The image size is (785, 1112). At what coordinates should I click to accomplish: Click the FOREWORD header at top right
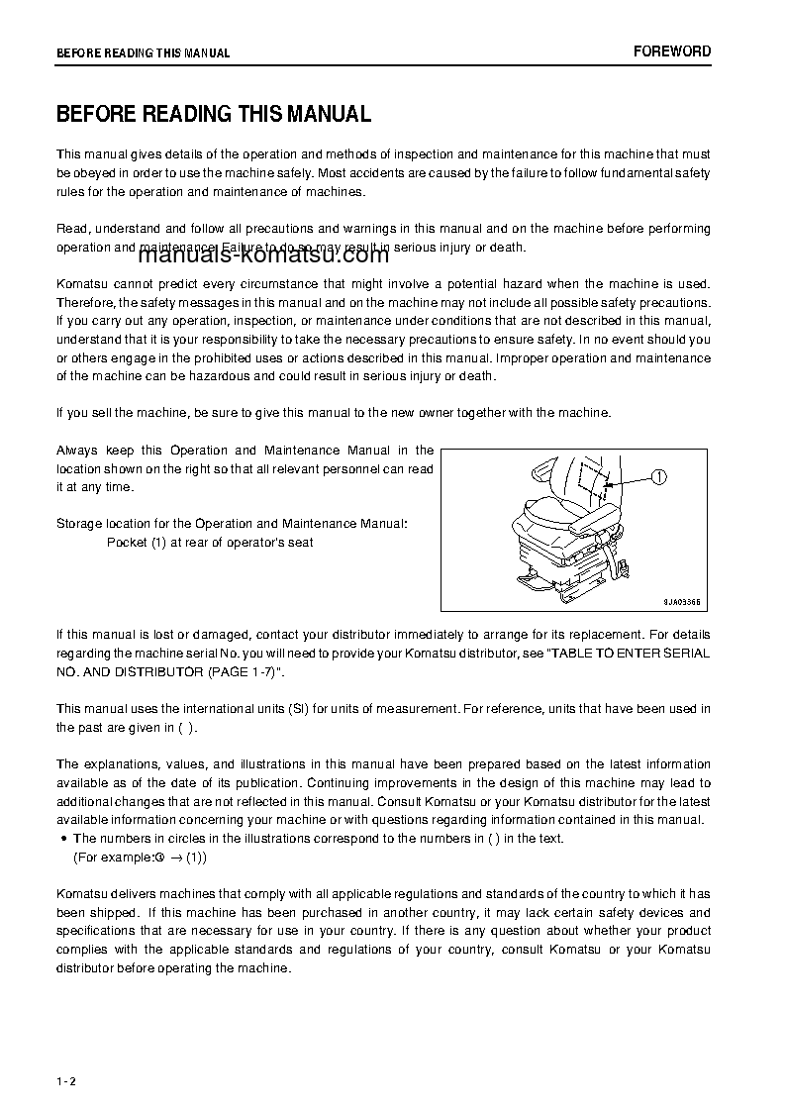(671, 51)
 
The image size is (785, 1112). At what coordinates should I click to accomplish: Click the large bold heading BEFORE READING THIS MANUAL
(214, 114)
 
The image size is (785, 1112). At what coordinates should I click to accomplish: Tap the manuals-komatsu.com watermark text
(264, 256)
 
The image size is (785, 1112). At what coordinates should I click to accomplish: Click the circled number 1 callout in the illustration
(660, 477)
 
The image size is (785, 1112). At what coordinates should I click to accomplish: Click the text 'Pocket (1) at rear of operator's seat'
(210, 543)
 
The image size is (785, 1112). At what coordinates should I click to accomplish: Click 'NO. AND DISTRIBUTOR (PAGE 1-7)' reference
(170, 672)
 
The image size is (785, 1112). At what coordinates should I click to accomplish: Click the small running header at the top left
(143, 53)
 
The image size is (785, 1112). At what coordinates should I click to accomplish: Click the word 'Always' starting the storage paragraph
(76, 451)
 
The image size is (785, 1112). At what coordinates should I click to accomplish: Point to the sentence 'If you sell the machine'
(334, 413)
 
